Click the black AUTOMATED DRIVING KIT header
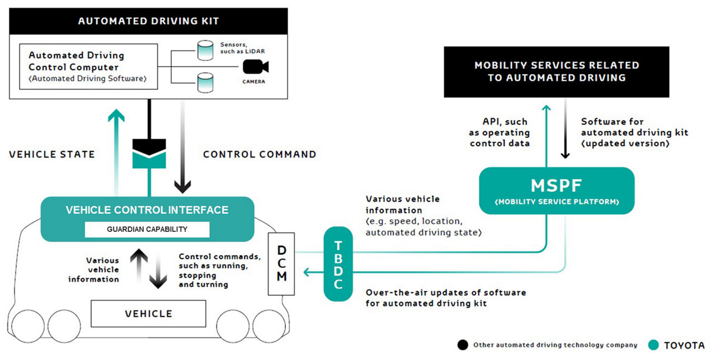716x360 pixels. [148, 22]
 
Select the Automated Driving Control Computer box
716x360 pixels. [87, 67]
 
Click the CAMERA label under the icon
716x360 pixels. [255, 82]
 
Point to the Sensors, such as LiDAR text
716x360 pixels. [241, 48]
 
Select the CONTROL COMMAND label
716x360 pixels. [260, 154]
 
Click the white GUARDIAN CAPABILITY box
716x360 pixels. [147, 230]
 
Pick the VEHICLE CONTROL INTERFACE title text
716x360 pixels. [147, 211]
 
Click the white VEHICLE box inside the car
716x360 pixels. [148, 314]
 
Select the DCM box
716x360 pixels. [281, 263]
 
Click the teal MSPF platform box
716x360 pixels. [557, 191]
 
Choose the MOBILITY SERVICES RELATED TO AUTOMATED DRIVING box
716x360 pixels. [557, 72]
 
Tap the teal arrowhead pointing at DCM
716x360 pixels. [305, 273]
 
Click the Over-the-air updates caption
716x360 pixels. [445, 298]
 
